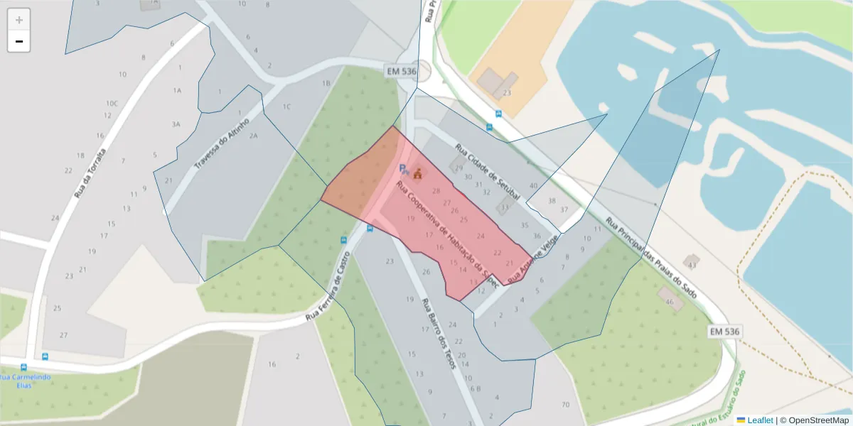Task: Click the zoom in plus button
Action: (x=18, y=19)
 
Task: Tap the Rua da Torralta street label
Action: (x=90, y=173)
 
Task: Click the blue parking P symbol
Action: (x=402, y=169)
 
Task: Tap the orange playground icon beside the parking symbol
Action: (x=418, y=173)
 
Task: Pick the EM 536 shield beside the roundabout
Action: (x=401, y=71)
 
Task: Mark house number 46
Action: (x=669, y=302)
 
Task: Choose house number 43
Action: (x=692, y=265)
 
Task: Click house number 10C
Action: (x=112, y=104)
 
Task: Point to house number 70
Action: (x=565, y=405)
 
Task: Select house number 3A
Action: (x=176, y=124)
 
